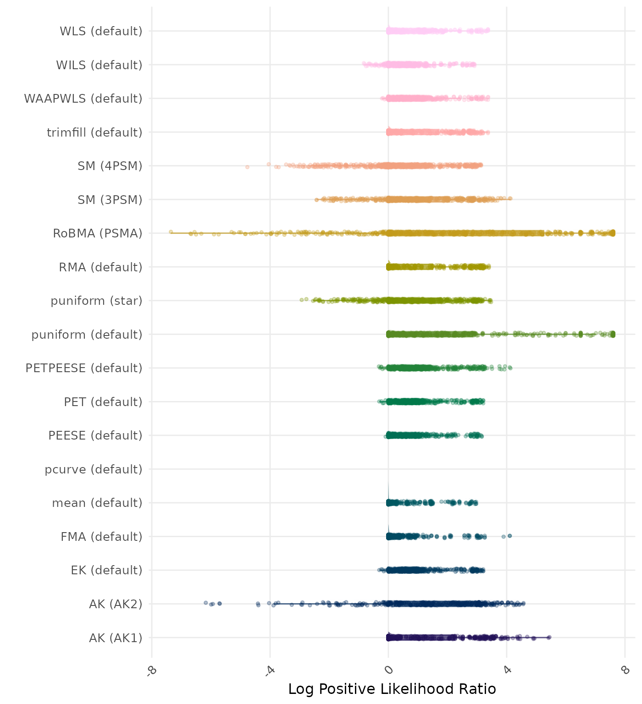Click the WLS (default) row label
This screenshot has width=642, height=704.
(x=101, y=31)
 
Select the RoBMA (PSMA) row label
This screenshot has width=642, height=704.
(x=97, y=233)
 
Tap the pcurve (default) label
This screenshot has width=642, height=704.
(x=94, y=469)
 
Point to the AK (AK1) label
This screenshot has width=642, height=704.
(x=116, y=638)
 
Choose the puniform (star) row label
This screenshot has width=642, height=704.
(x=96, y=301)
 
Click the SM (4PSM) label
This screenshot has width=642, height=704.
(x=110, y=166)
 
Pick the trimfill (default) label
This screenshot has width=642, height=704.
(x=94, y=132)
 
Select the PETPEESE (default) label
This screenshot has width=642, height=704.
(x=84, y=368)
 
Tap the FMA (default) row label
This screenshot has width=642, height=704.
(x=101, y=536)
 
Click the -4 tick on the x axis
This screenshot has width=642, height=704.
(x=270, y=671)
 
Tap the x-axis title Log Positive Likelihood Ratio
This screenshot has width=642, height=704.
(x=392, y=689)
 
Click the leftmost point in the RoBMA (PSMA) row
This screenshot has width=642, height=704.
(x=171, y=232)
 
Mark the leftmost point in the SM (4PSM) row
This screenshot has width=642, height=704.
(x=247, y=167)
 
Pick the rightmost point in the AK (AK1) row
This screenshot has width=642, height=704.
(x=549, y=637)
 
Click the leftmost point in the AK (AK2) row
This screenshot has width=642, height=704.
(x=206, y=603)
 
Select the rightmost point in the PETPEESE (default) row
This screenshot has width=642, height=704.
(x=510, y=368)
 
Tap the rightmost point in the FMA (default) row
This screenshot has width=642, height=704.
(x=509, y=536)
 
